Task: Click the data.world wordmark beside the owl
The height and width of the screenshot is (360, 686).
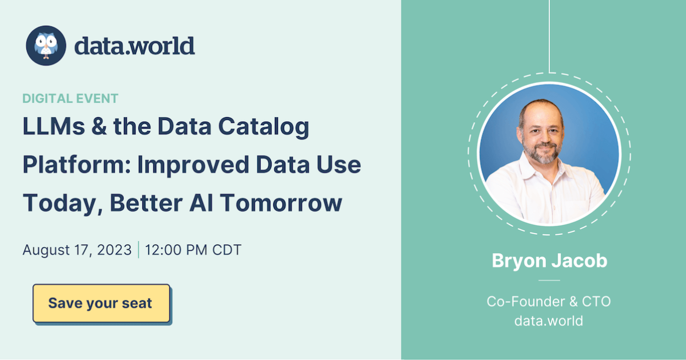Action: pos(134,46)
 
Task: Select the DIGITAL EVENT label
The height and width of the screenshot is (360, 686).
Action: pos(70,98)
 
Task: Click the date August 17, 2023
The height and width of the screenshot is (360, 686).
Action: pos(77,250)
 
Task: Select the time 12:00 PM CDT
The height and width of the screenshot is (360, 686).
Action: pos(193,250)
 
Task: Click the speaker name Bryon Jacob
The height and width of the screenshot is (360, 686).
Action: pos(549,261)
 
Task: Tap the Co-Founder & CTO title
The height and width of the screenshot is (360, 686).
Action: pos(549,301)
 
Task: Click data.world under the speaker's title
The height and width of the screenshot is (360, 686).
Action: pos(549,321)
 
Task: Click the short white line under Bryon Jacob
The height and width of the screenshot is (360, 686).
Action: pos(549,281)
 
